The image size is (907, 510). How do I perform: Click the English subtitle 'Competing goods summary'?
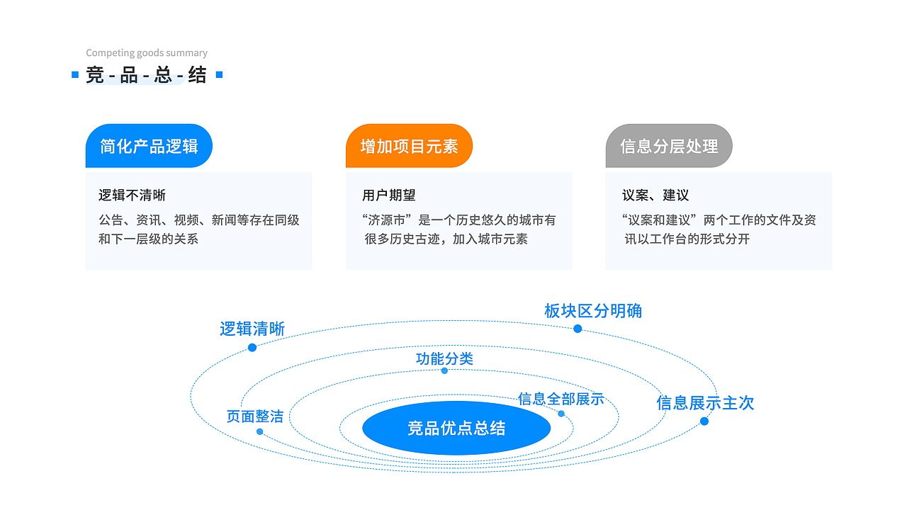pos(147,53)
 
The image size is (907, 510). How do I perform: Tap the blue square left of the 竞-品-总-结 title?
pos(75,74)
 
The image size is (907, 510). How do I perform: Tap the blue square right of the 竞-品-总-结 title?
pos(219,74)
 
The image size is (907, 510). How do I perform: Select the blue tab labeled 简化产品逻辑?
pos(149,147)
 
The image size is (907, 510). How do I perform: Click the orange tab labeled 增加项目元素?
pos(409,147)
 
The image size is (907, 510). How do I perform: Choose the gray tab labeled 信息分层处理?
pos(669,147)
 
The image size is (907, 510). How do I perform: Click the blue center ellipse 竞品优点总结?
pos(456,428)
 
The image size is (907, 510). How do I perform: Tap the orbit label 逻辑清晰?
pos(252,329)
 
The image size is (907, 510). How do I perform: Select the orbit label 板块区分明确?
pos(593,311)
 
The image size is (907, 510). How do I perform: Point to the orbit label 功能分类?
pos(444,358)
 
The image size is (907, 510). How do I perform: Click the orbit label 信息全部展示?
pos(560,399)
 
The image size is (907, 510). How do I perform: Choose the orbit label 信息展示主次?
pos(705,403)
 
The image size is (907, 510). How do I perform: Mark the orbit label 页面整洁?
pos(255,416)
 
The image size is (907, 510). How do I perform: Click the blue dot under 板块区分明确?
pos(578,329)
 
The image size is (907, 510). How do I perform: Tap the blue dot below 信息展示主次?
pos(704,421)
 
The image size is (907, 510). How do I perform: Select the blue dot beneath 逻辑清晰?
pos(252,347)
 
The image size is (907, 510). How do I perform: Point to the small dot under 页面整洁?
pos(260,431)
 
